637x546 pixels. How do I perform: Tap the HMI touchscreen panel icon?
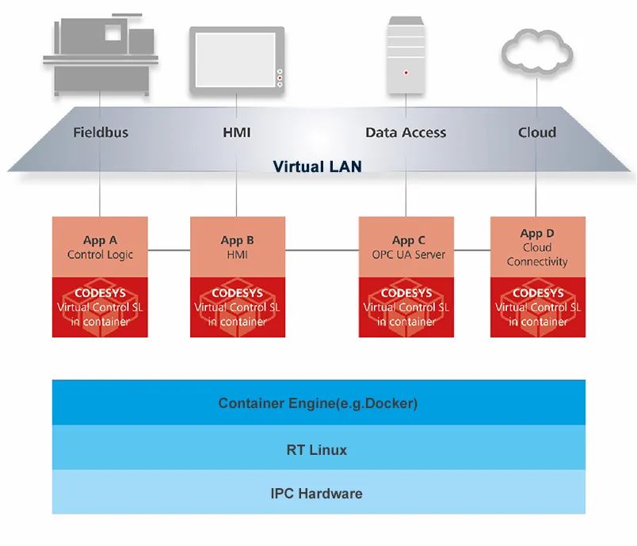coord(237,60)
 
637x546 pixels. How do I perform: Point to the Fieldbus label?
coord(100,132)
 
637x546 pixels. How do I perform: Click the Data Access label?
coord(406,132)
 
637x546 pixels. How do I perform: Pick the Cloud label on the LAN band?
coord(537,132)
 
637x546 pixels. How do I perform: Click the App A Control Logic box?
coord(100,247)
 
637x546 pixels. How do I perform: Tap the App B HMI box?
coord(238,247)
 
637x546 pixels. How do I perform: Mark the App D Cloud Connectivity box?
coord(537,247)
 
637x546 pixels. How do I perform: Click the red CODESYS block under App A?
coord(100,307)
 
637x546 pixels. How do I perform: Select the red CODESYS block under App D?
coord(537,307)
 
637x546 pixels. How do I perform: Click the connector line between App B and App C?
coord(322,250)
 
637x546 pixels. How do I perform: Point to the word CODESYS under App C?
coord(406,293)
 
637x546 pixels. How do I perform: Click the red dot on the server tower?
coord(406,72)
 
